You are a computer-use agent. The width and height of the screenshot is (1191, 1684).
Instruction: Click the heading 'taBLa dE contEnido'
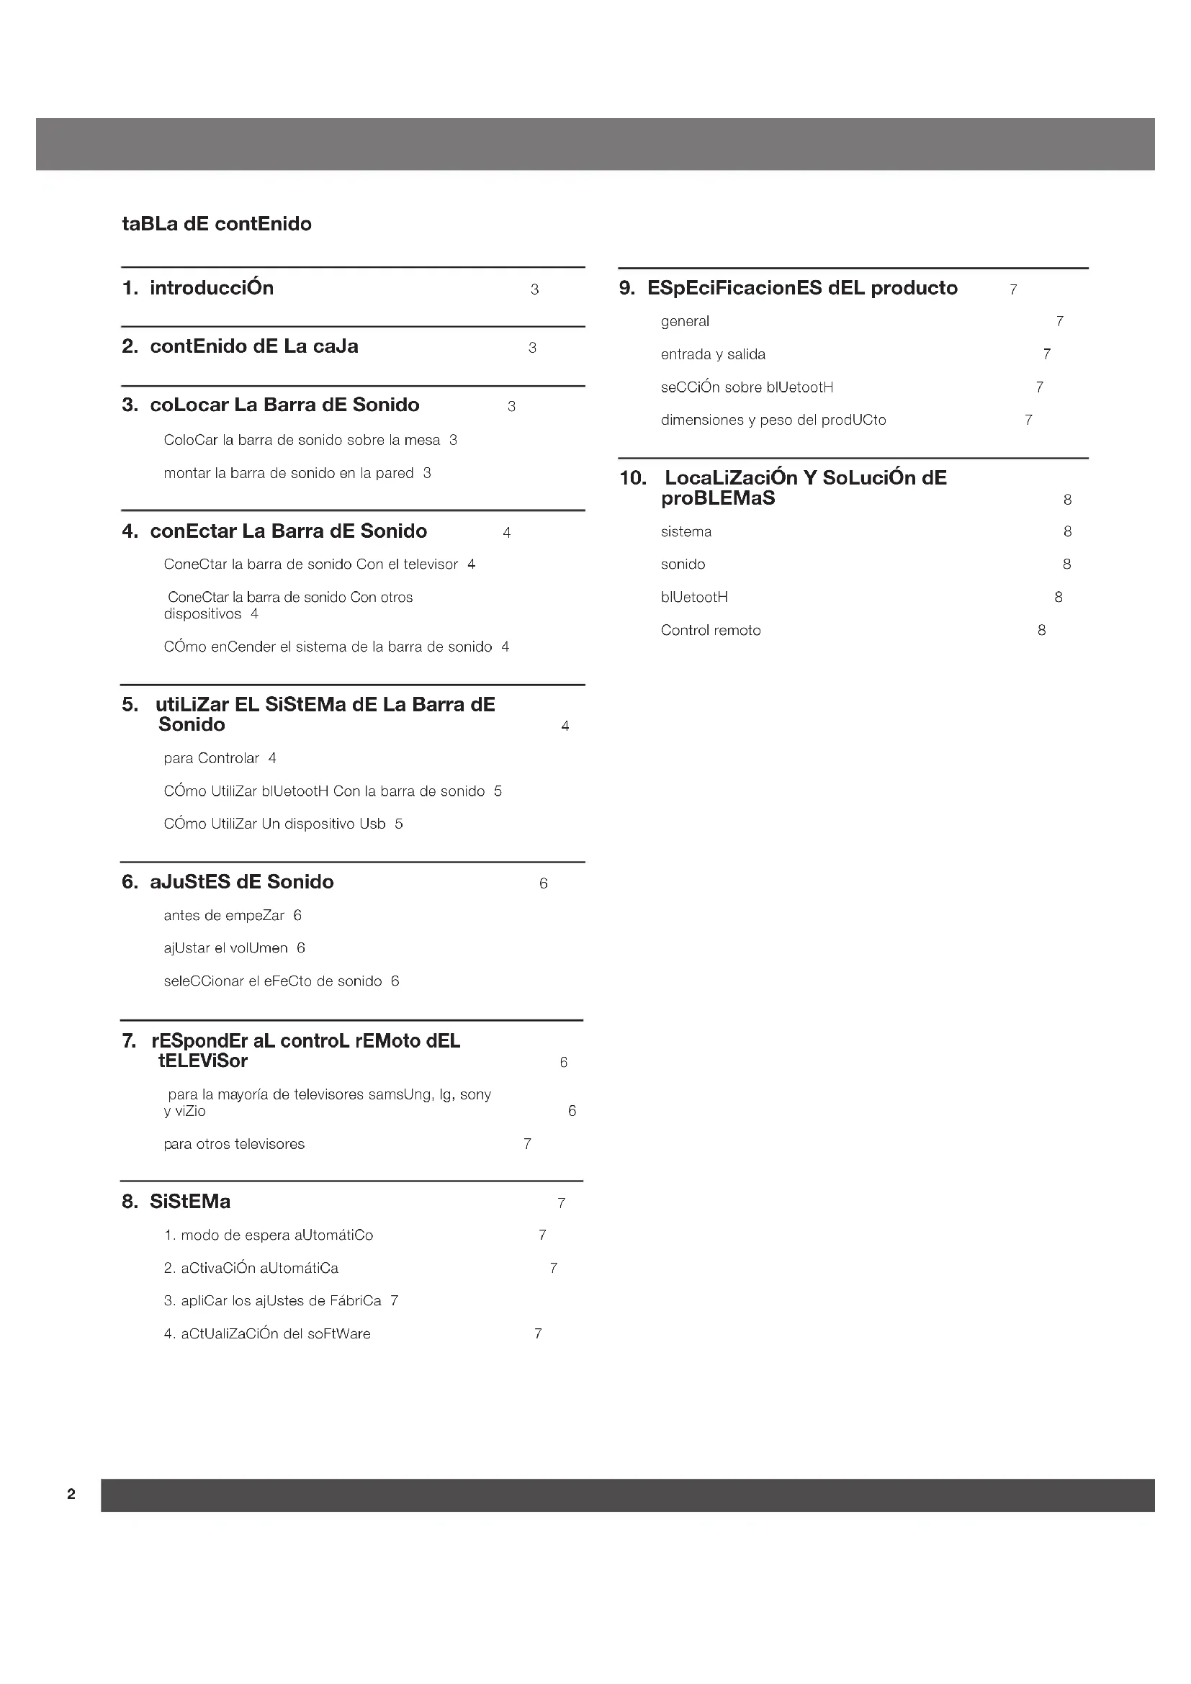point(216,224)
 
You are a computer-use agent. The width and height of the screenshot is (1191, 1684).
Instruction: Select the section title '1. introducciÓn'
point(198,288)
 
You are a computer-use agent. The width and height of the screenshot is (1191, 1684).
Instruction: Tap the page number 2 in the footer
point(71,1494)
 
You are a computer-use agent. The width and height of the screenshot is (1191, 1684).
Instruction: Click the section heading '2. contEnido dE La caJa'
point(241,346)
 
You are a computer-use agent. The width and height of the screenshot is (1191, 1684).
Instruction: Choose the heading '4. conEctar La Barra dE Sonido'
point(275,531)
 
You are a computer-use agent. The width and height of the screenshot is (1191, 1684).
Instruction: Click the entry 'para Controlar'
point(211,758)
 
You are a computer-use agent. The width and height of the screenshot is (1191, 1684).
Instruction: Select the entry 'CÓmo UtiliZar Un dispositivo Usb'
point(275,824)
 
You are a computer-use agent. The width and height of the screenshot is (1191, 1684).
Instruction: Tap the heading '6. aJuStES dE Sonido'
point(228,882)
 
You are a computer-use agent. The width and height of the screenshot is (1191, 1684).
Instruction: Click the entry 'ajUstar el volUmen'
point(226,948)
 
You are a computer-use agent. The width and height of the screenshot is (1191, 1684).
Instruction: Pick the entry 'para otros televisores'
point(234,1144)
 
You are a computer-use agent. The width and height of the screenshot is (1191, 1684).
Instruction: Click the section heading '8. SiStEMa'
point(176,1202)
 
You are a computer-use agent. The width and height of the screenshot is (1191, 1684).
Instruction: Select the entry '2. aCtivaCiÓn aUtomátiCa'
point(251,1268)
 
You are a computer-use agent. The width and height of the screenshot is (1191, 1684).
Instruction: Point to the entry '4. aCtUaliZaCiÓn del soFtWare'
point(268,1334)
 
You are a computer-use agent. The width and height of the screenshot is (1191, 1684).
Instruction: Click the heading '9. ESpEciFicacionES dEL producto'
point(789,288)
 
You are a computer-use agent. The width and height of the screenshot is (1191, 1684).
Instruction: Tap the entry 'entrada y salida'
point(713,354)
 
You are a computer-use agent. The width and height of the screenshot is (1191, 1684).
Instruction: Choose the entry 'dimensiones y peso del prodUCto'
point(773,420)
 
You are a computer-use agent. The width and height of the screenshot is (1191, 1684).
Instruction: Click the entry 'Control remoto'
point(711,631)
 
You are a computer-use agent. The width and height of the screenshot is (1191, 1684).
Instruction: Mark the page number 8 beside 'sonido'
point(1067,564)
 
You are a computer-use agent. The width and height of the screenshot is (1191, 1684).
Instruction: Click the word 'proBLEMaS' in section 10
point(718,499)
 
